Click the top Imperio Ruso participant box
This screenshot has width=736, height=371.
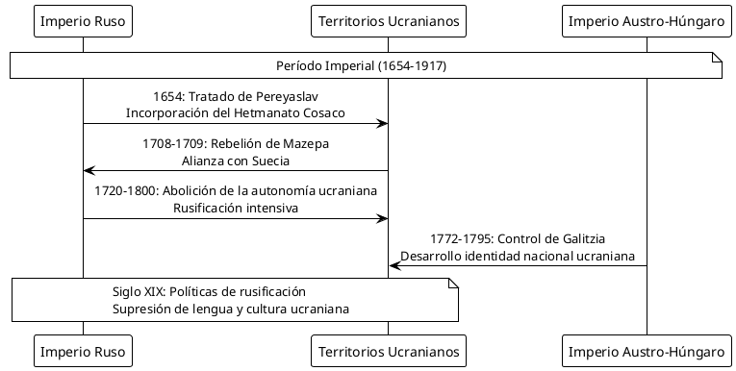pos(83,20)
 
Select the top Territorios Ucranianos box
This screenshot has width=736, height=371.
pos(389,20)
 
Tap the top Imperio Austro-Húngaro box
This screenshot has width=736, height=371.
pos(647,20)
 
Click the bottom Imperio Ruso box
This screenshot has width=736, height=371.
pos(83,350)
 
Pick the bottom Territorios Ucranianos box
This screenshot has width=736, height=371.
pos(389,350)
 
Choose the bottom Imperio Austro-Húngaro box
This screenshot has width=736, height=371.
pos(647,350)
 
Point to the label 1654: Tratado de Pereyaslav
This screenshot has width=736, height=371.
pos(236,97)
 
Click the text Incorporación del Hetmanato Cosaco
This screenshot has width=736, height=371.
pos(236,113)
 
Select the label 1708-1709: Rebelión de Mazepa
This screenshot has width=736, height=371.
pos(236,144)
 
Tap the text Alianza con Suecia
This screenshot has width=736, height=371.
pos(236,161)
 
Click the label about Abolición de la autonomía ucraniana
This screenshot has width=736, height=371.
pos(236,191)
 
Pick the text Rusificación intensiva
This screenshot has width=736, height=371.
pos(236,208)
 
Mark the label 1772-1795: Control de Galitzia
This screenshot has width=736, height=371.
pos(518,238)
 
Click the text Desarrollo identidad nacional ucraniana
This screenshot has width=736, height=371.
pos(518,255)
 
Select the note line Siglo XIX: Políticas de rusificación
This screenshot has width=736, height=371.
pos(209,291)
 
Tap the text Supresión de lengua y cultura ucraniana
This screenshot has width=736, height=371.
pos(230,309)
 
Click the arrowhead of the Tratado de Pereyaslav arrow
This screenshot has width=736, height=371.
pos(383,124)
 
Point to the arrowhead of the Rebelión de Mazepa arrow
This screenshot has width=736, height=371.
pos(89,171)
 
